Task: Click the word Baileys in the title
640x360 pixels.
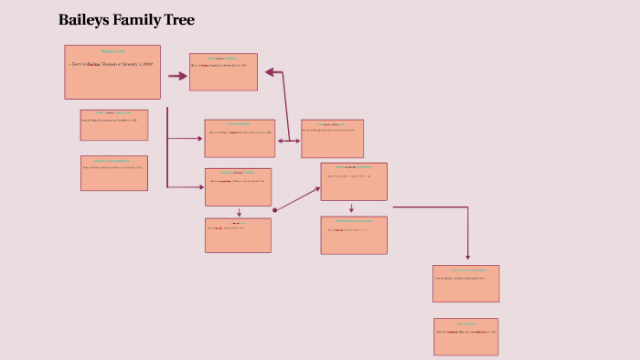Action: pos(83,20)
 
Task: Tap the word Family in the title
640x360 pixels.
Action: pos(137,20)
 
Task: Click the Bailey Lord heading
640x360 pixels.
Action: pos(112,51)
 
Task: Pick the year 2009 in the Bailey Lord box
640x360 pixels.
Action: pos(147,65)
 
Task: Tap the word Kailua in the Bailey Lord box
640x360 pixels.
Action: pos(93,65)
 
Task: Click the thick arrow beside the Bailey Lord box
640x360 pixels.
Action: pos(176,76)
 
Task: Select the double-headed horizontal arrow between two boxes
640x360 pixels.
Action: pos(289,141)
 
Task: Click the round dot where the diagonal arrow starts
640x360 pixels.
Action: pos(274,210)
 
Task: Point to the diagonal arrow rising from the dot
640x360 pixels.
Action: pos(298,198)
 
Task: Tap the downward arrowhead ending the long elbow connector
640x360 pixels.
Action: pos(468,256)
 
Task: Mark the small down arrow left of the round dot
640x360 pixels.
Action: pos(239,212)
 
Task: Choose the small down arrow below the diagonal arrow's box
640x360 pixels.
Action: pos(351,208)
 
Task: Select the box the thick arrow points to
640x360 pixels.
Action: pos(223,71)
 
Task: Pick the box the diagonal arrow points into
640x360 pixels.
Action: pos(354,181)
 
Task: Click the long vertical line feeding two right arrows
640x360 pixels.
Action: pos(167,146)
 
